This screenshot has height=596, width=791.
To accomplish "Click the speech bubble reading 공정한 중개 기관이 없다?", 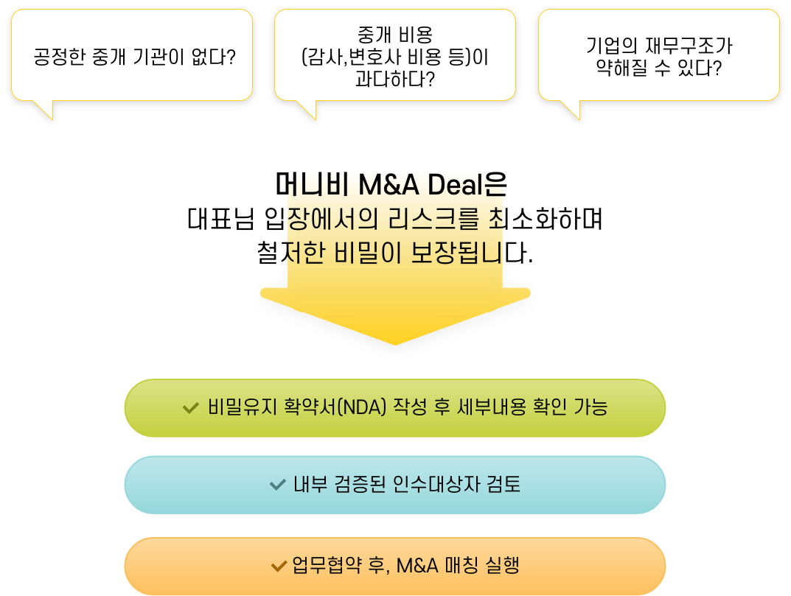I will tap(132, 55).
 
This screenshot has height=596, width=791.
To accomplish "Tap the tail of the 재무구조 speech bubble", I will tap(571, 109).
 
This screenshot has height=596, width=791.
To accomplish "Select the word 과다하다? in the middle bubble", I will tap(394, 79).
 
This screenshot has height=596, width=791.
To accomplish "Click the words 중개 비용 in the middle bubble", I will tap(394, 34).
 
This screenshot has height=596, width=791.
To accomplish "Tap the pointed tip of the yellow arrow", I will tap(396, 341).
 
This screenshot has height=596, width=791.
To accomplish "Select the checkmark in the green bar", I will tap(190, 408).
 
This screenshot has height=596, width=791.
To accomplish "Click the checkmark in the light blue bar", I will tap(277, 485).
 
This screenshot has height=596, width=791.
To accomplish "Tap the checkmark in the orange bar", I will tap(279, 566).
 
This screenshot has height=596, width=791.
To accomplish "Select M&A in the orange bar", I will tap(417, 566).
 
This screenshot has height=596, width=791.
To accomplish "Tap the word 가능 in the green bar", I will tap(590, 407).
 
